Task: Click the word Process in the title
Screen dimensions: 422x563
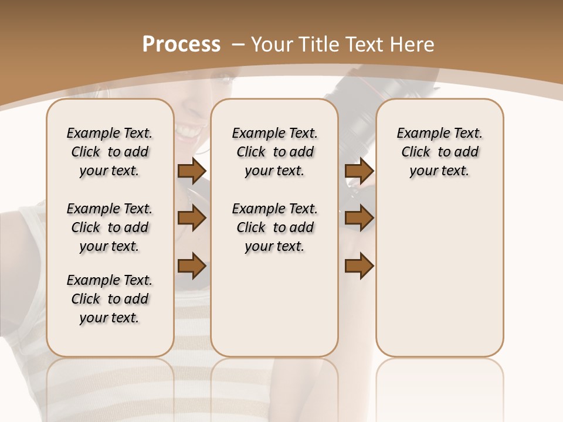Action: coord(181,45)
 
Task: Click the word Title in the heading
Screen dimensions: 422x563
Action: coord(320,45)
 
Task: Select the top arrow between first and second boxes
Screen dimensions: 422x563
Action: coord(192,171)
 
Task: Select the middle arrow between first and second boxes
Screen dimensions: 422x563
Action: coord(192,219)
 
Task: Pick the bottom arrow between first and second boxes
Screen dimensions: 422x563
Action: coord(192,266)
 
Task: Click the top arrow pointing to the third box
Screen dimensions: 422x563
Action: coord(359,171)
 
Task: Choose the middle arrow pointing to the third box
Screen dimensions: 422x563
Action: coord(359,219)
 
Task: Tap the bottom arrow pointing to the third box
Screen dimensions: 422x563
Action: coord(359,266)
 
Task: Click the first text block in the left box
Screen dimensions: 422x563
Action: coord(110,152)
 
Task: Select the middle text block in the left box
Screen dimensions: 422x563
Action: coord(110,227)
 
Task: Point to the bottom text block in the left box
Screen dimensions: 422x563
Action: coord(110,299)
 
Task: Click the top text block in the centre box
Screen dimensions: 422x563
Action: coord(274,152)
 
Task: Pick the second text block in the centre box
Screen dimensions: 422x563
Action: coord(274,227)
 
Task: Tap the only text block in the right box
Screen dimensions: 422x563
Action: coord(440,152)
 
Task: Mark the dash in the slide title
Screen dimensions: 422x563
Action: coord(238,45)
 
